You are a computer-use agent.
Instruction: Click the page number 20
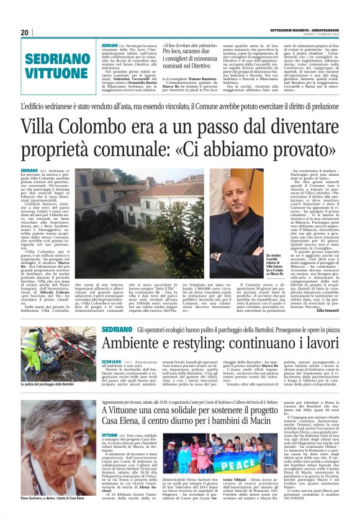[25, 32]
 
